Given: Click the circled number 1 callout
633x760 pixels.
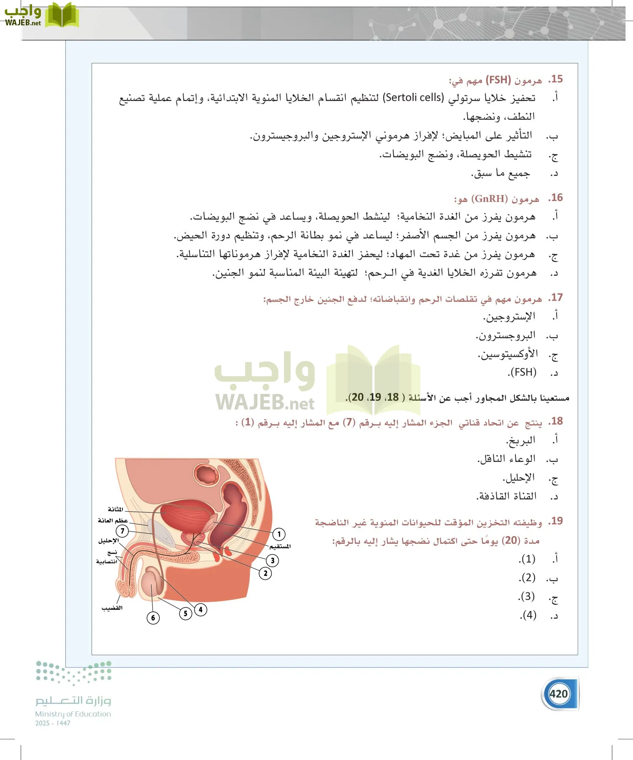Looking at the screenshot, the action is pos(279,534).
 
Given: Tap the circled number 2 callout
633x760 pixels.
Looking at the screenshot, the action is pos(265,573).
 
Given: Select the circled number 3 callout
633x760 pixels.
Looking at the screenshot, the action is pos(273,560).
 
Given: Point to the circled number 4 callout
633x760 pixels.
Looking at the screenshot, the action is pos(201,609).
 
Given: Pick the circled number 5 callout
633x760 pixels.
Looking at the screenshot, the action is pos(185,613).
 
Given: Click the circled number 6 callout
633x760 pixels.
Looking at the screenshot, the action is pos(153,618).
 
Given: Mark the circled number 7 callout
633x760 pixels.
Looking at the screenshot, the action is pos(122,531).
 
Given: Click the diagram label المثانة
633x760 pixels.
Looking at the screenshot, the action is pos(115,509).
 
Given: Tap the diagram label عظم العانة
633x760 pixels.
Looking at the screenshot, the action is pos(113,521).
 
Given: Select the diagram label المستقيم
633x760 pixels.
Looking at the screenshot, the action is pos(280,546).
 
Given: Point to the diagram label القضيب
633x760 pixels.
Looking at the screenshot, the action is pos(112,608).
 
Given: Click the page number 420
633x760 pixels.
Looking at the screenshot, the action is pos(559,694).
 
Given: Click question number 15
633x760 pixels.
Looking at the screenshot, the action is pos(556,79).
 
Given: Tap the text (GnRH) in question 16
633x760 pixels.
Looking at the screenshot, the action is pos(490,198).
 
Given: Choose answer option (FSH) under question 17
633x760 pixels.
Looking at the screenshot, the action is pos(522,372).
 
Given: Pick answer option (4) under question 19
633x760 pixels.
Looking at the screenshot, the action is pos(528,615).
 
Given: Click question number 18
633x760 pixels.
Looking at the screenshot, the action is pos(556,421).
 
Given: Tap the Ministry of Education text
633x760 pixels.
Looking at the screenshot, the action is pos(73,714).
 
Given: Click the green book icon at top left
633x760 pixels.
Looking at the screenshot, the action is pos(62,15).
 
